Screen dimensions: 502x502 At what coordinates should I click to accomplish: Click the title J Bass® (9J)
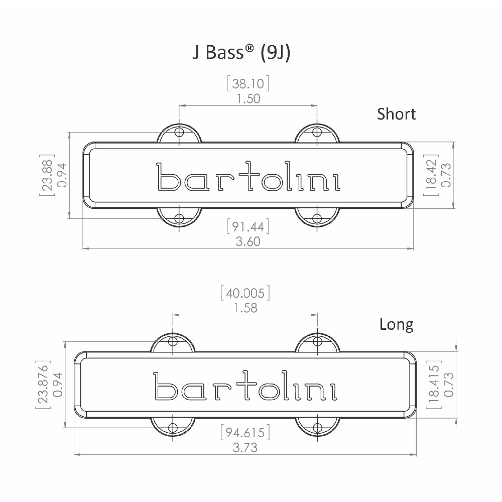coord(242,52)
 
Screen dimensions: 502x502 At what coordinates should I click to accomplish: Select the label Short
coord(397,114)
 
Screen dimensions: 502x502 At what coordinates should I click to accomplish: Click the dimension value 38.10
coord(248,84)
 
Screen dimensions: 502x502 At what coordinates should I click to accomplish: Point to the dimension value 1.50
coord(248,98)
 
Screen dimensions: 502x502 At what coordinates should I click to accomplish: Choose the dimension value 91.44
coord(248,227)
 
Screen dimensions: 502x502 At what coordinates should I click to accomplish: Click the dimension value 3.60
coord(248,242)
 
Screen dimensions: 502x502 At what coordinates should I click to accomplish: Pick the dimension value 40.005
coord(245,293)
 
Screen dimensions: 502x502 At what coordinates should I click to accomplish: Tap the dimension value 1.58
coord(245,308)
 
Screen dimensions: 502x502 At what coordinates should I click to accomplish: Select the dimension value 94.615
coord(245,433)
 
